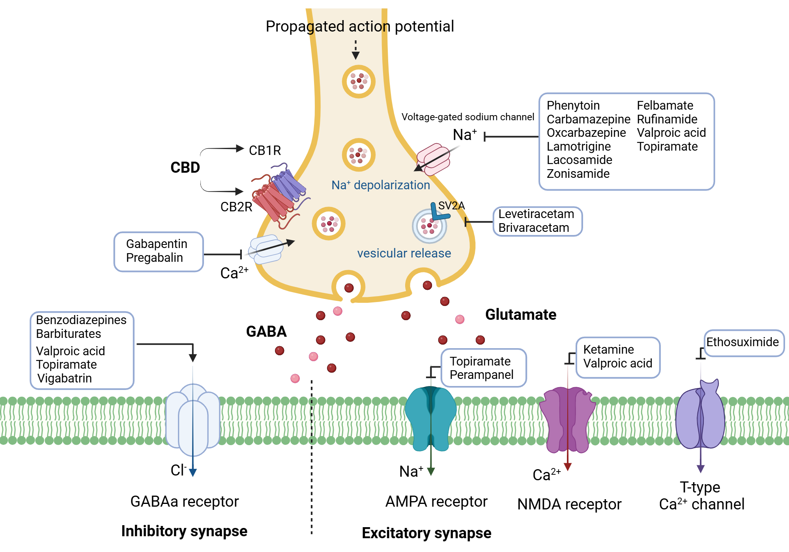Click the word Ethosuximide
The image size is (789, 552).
pos(742,342)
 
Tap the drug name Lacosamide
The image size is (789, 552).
pos(579,160)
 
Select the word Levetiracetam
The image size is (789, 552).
pos(536,214)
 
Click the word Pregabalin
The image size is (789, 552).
pos(154,257)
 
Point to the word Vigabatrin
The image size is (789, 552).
pos(64,378)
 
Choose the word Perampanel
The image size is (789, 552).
pos(481,375)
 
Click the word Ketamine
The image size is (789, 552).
pos(608,349)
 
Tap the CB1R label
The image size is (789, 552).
pos(265,150)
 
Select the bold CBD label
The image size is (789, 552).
pos(185,168)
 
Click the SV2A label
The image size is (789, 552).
pos(451,205)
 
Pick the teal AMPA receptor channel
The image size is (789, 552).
pos(430,418)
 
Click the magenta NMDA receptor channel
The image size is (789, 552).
pos(567,420)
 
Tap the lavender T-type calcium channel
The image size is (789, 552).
pos(700,418)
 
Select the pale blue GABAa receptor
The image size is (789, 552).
pos(193,420)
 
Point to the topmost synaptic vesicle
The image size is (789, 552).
pos(358,81)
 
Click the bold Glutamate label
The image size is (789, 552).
pos(520,315)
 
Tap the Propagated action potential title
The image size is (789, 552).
pos(359,26)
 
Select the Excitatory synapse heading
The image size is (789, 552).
pos(426,533)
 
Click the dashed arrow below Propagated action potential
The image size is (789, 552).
pos(355,49)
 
